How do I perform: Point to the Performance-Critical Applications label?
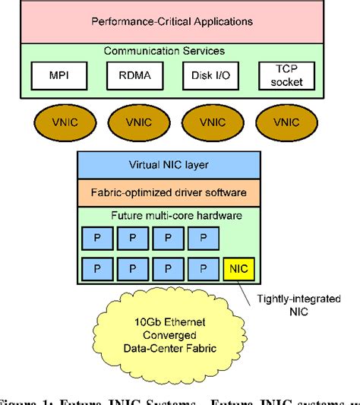(172, 21)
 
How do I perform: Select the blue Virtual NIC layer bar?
(168, 165)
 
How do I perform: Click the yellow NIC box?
(238, 268)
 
